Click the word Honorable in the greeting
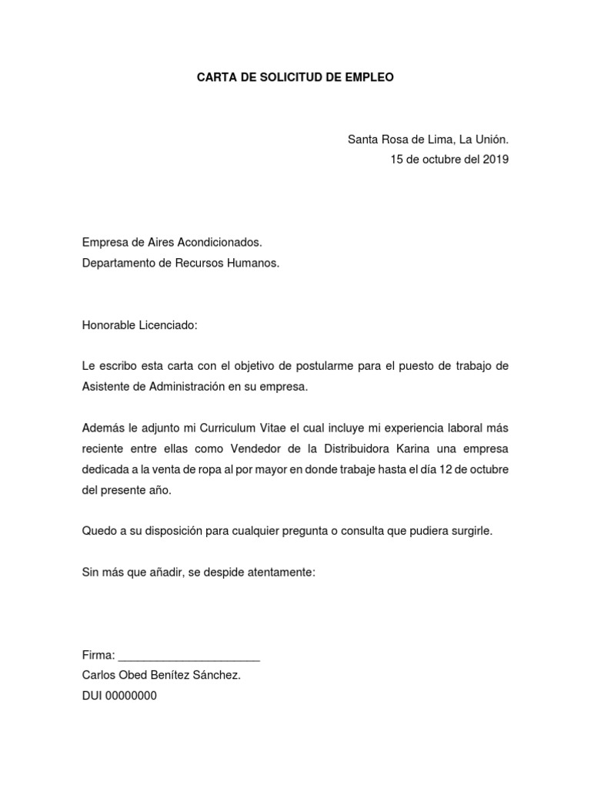[107, 325]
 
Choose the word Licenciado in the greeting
[166, 325]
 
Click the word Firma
[98, 655]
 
